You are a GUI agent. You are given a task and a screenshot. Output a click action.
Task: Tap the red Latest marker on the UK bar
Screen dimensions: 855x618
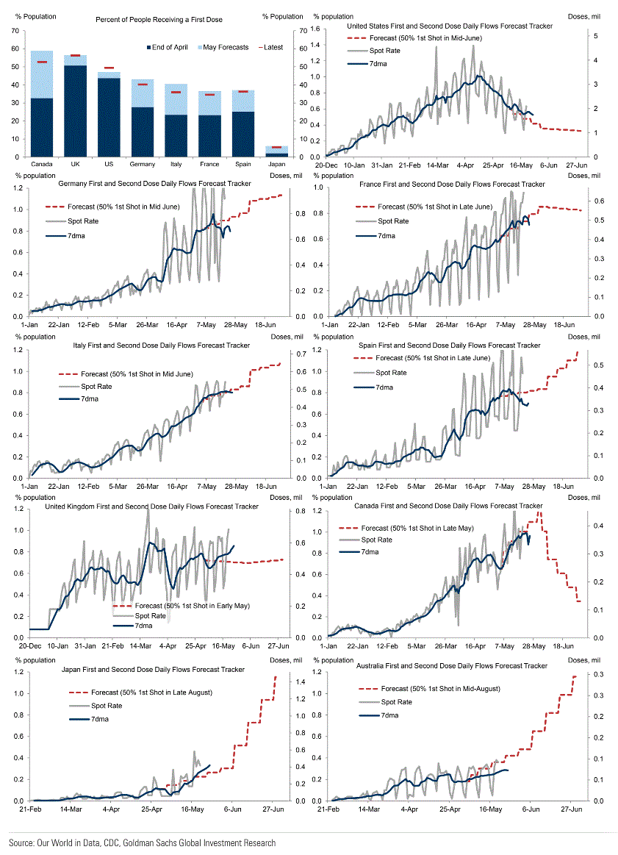coord(75,55)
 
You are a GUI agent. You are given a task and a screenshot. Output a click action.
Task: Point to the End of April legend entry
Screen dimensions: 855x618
coord(169,48)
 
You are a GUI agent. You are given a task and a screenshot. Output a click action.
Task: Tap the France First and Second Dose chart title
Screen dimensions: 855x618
coord(451,184)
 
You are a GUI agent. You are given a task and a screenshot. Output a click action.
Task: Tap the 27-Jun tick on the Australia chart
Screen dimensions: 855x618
coord(572,809)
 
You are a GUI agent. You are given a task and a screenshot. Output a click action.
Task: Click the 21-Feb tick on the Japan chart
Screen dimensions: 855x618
coord(30,809)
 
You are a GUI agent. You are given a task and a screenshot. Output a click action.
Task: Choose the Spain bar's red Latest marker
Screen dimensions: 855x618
coord(243,92)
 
